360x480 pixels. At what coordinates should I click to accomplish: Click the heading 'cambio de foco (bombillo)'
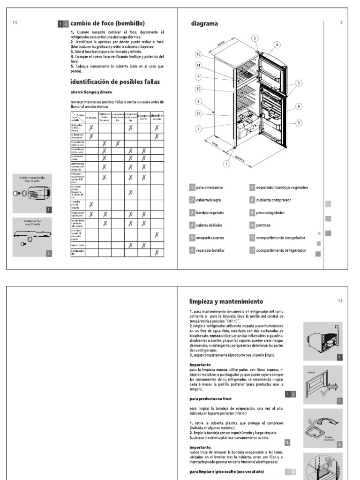[x=107, y=23]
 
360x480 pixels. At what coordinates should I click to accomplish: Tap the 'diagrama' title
[x=204, y=23]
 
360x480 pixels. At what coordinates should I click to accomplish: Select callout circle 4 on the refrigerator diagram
[x=277, y=45]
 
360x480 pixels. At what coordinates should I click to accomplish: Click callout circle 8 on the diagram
[x=199, y=101]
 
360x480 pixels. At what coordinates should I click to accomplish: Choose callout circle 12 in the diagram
[x=199, y=113]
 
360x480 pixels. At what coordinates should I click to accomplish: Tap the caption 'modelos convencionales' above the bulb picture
[x=33, y=178]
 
